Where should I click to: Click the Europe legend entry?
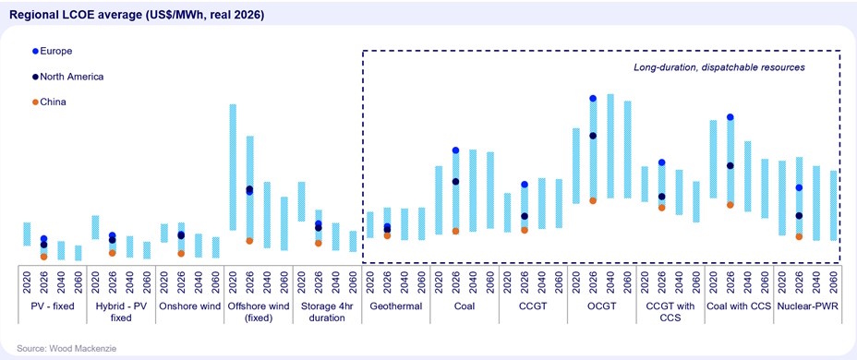point(53,51)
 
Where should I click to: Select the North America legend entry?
point(67,77)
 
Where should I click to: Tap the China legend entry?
point(49,102)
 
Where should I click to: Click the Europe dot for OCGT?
point(593,99)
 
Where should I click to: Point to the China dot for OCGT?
point(593,200)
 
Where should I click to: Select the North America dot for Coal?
point(456,181)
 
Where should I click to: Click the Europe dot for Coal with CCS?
point(730,117)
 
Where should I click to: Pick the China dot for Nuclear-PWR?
point(799,236)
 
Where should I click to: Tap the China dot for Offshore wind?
point(249,241)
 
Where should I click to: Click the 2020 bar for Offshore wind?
point(233,167)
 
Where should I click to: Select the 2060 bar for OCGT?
point(627,150)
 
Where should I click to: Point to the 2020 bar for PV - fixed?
point(27,234)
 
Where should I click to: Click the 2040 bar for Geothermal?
point(404,224)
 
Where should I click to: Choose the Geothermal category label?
point(395,306)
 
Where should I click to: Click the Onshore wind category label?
point(189,306)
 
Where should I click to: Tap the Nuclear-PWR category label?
point(807,306)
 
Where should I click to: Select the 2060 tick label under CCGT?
point(559,281)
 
